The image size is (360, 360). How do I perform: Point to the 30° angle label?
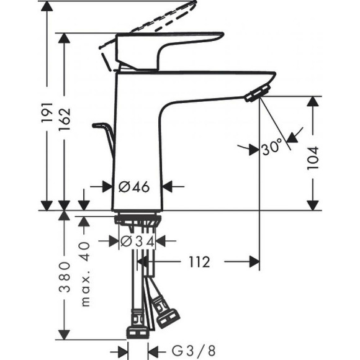pyautogui.click(x=272, y=148)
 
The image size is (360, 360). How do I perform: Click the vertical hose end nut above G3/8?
pyautogui.click(x=137, y=332)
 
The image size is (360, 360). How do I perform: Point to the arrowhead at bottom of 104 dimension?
pyautogui.click(x=313, y=204)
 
